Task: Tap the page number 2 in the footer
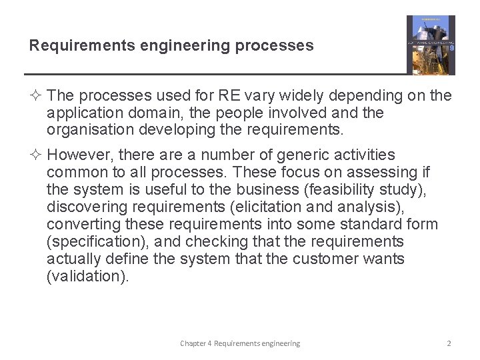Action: click(x=449, y=343)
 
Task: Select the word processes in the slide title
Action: click(x=280, y=45)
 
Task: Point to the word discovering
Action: click(x=86, y=207)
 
